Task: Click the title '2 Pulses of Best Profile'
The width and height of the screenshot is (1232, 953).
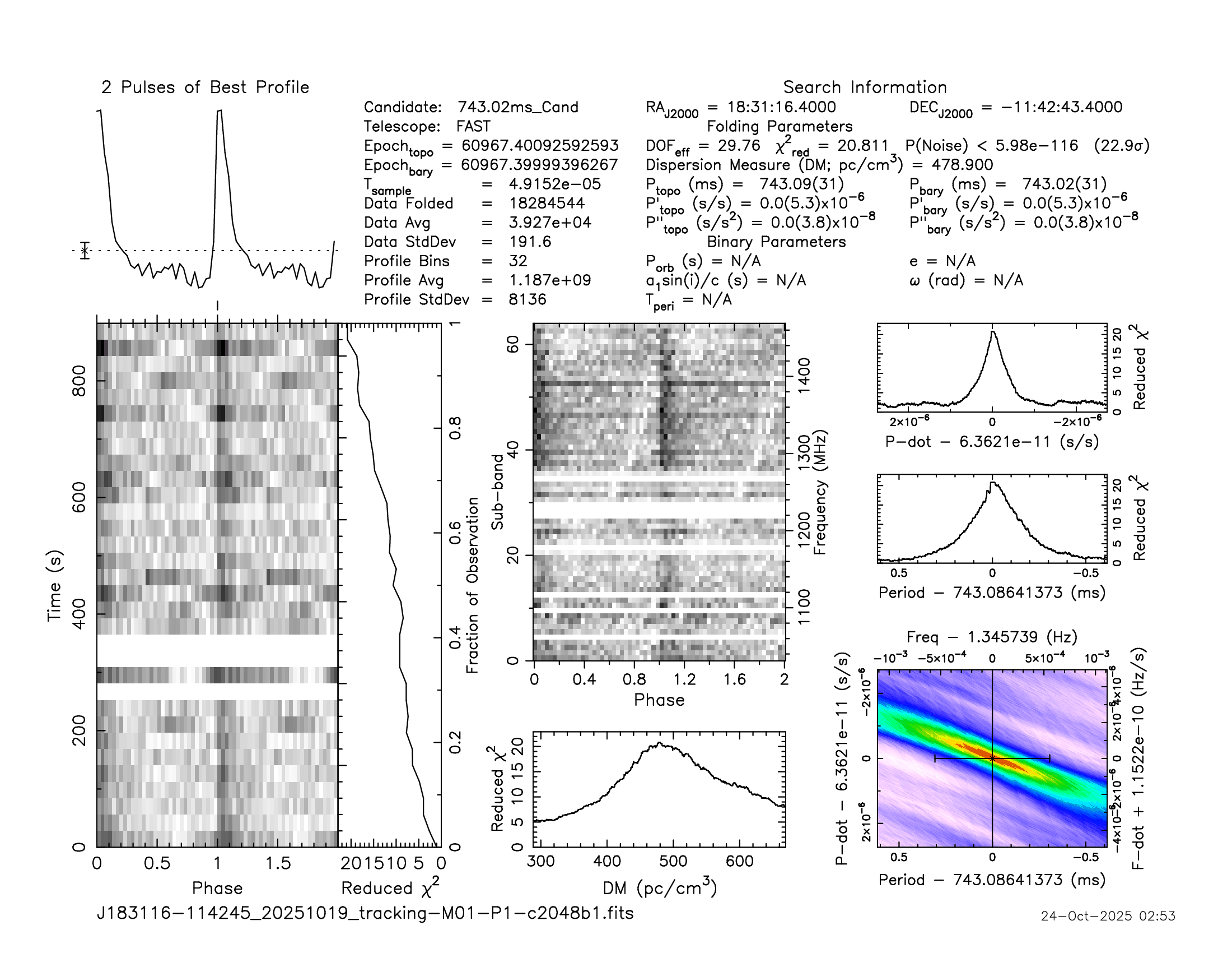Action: (x=205, y=87)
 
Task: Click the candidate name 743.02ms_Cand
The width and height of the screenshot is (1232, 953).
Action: (x=517, y=107)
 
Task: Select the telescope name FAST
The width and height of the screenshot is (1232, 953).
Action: (x=473, y=127)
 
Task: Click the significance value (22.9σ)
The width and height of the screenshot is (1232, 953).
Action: (x=1122, y=146)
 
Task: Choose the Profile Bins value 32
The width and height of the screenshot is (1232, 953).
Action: (x=517, y=261)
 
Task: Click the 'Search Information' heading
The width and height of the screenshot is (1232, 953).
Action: (x=864, y=87)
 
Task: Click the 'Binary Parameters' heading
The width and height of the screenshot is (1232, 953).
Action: (x=776, y=242)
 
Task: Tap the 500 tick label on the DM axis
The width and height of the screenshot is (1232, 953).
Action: (x=673, y=862)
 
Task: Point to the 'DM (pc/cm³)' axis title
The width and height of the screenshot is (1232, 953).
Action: (x=660, y=888)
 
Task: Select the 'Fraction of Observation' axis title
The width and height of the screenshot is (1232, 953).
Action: (x=472, y=585)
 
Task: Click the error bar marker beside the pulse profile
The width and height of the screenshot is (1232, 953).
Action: (x=85, y=250)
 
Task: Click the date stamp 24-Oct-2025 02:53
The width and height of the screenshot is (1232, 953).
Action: (x=1108, y=916)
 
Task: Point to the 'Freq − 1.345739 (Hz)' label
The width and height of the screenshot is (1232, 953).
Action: (x=992, y=637)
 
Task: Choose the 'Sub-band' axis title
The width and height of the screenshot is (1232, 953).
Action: (x=497, y=492)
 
